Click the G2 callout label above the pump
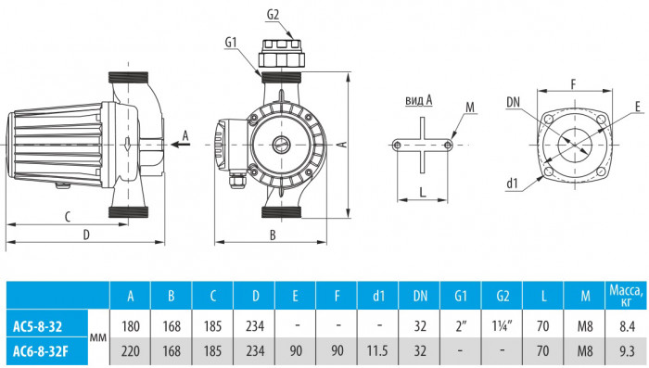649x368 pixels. click(x=273, y=17)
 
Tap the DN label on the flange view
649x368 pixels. click(x=514, y=100)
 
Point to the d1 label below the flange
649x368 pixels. click(x=513, y=184)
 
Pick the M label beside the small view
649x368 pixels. click(x=470, y=108)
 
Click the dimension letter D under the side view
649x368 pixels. click(x=85, y=235)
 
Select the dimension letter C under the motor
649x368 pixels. click(x=68, y=217)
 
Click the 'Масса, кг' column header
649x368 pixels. click(x=626, y=296)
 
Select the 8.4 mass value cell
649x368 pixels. click(x=626, y=326)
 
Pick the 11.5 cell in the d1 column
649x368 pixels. click(x=377, y=351)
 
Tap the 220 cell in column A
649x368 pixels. click(x=131, y=351)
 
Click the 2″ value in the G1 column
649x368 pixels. click(x=462, y=326)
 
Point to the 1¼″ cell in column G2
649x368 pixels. click(x=503, y=326)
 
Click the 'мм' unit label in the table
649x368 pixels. click(x=96, y=339)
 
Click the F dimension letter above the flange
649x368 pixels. click(x=573, y=84)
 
